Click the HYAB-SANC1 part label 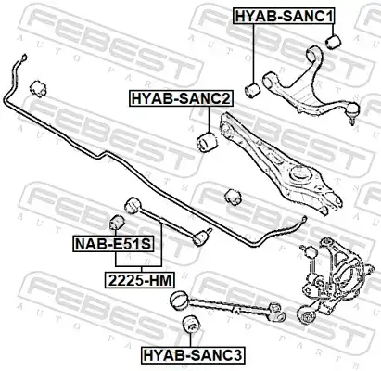(284, 16)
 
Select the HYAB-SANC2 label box (181, 98)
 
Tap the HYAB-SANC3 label (193, 354)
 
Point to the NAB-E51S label (113, 244)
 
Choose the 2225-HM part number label (140, 280)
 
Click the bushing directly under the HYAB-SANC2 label (207, 142)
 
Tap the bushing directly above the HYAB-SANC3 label (191, 325)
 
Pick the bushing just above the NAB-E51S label (117, 223)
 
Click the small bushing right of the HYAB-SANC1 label (334, 42)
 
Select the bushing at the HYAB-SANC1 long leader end (253, 90)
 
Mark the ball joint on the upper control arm (353, 111)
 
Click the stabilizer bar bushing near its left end (38, 88)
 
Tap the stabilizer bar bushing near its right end (234, 197)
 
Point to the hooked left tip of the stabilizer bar (23, 58)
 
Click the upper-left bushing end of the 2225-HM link (133, 206)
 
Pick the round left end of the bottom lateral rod (179, 300)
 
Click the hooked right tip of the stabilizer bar (304, 220)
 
